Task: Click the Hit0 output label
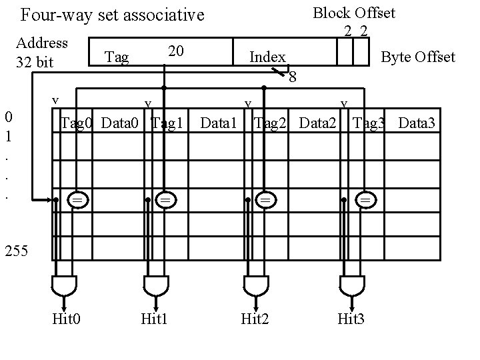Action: [x=67, y=319]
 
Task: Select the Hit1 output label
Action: [x=154, y=319]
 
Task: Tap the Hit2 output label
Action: [x=255, y=319]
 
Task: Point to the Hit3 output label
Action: [x=351, y=319]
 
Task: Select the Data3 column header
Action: [x=417, y=123]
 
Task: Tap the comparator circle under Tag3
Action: [x=365, y=199]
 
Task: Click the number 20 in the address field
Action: [x=175, y=51]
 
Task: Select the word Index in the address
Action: [x=267, y=57]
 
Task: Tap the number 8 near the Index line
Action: [x=292, y=78]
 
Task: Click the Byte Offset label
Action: [x=417, y=57]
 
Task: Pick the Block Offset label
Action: [x=354, y=13]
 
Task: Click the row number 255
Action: [x=16, y=251]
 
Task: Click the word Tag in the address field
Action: [x=117, y=57]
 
